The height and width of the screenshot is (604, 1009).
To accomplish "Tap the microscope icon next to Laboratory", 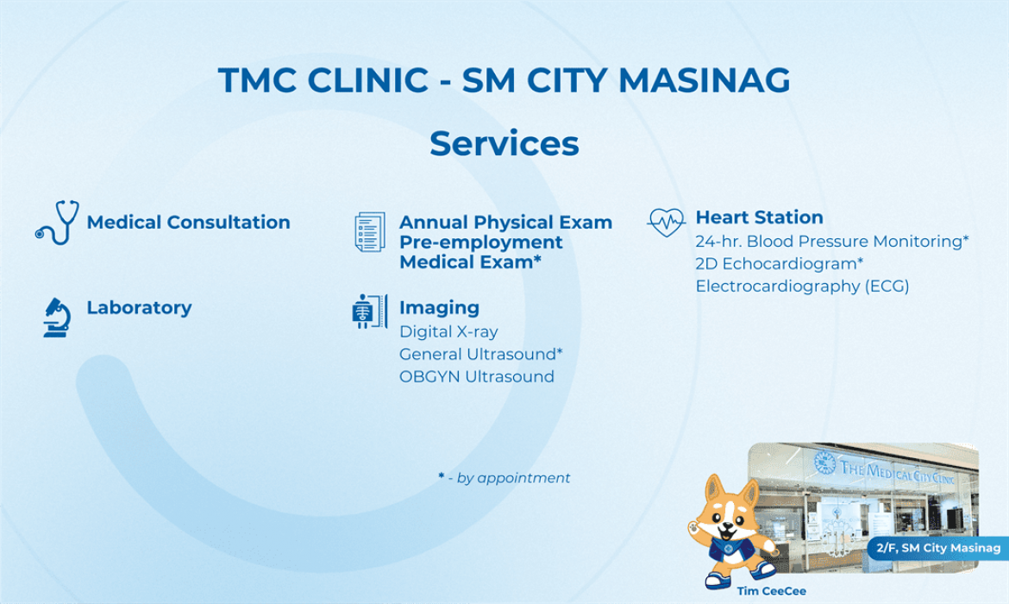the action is (x=57, y=318).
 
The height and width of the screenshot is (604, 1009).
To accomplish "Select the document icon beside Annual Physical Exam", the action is (x=370, y=232).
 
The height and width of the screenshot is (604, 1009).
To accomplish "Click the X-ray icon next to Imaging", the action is (x=369, y=311).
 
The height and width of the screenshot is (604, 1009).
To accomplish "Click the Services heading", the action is (x=504, y=143).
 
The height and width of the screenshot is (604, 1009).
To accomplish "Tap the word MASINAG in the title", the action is (x=704, y=80).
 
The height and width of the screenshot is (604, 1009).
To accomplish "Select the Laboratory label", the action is (x=139, y=308).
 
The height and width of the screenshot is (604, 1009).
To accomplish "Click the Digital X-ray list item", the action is (x=448, y=331).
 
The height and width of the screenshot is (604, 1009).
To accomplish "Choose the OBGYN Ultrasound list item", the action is (x=477, y=377).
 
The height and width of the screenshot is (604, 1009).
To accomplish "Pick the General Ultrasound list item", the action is (x=480, y=354).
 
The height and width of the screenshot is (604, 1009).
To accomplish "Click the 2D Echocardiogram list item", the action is (x=780, y=264).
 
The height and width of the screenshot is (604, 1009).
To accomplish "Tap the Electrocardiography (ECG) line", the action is (x=802, y=286).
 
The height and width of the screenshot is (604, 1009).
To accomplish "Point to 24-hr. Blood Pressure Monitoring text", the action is (x=832, y=242).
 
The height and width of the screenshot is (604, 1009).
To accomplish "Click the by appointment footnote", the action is (x=504, y=478).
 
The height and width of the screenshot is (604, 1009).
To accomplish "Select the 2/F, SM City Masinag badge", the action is (x=938, y=548).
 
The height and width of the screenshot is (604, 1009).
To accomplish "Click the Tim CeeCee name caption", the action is (x=772, y=590).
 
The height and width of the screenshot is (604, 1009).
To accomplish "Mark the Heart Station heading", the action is (x=759, y=217).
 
